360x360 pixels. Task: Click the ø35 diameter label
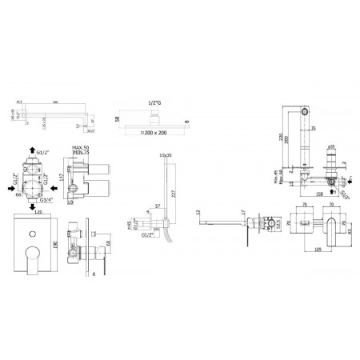point(330,149)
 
